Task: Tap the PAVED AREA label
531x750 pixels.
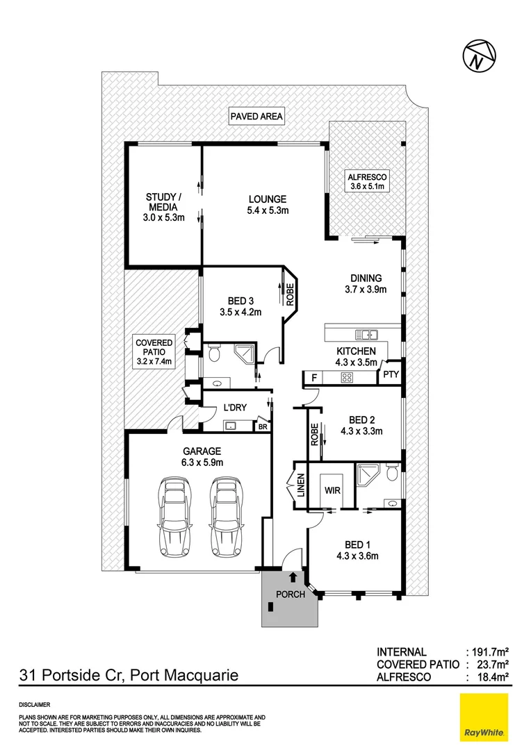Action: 256,117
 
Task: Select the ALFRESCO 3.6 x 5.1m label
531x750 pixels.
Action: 366,181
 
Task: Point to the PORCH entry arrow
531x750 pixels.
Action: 293,576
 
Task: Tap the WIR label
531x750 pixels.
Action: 332,489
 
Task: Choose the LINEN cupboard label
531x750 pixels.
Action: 300,486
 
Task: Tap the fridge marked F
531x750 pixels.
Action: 314,378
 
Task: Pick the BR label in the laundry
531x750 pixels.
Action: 263,427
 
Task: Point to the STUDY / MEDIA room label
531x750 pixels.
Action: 161,207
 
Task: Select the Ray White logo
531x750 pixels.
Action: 484,717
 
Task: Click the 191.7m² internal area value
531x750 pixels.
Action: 488,652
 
